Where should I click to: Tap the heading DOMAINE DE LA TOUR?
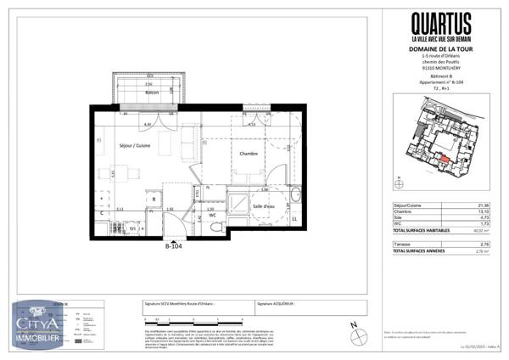(440, 50)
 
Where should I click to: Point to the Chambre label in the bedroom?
(249, 154)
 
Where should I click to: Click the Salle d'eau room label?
(264, 206)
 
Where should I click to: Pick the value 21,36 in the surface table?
(484, 205)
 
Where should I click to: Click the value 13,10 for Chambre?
(484, 211)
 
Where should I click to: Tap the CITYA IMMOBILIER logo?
(38, 321)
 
